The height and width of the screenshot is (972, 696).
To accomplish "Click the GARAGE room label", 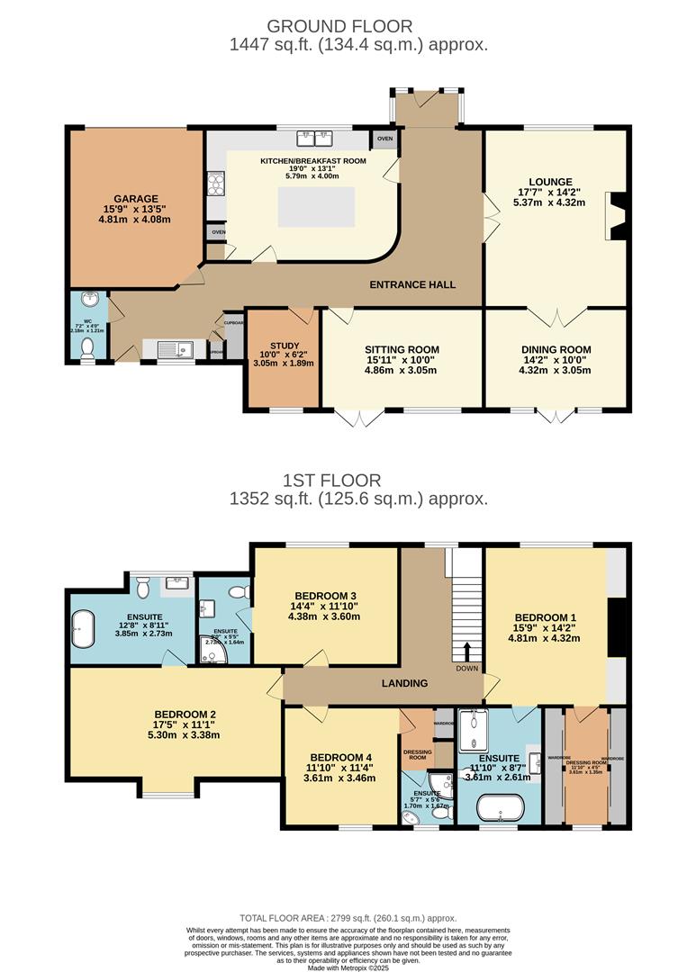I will (x=136, y=199).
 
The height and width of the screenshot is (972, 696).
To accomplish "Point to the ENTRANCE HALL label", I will (x=413, y=284).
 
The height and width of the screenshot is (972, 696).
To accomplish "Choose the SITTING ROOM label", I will (x=402, y=350).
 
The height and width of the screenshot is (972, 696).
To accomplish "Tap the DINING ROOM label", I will (x=556, y=350).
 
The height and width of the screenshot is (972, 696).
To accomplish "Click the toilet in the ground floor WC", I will (x=87, y=357).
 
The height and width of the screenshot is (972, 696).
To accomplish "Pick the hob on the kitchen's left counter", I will (x=216, y=184).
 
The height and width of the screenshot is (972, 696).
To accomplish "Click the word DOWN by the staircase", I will (x=467, y=669).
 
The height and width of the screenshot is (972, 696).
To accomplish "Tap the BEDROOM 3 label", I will (x=325, y=595).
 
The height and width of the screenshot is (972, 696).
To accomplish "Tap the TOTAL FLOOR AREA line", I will (x=347, y=918).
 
